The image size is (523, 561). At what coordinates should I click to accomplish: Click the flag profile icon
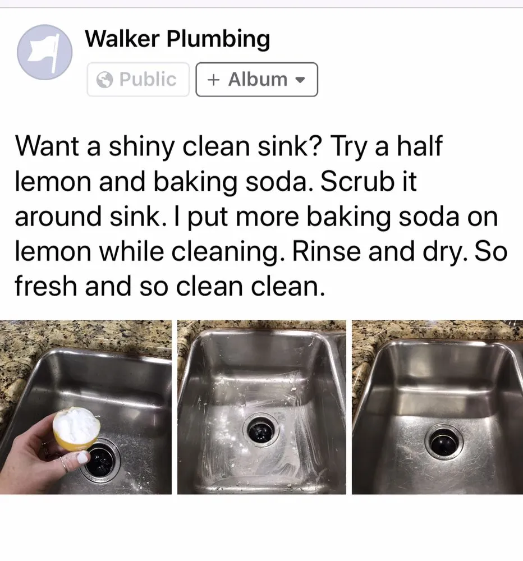[x=45, y=52]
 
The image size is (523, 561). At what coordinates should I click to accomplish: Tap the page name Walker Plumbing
[x=177, y=39]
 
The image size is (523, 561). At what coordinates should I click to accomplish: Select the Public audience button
[x=138, y=80]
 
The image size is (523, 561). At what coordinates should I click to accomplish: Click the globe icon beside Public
[x=105, y=80]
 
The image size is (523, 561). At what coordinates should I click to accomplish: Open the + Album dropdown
[x=256, y=80]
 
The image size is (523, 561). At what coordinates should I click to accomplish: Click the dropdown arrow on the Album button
[x=300, y=80]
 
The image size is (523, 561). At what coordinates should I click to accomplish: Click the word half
[x=416, y=147]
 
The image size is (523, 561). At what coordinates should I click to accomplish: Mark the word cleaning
[x=238, y=252]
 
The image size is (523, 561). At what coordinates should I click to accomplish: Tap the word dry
[x=444, y=252]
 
